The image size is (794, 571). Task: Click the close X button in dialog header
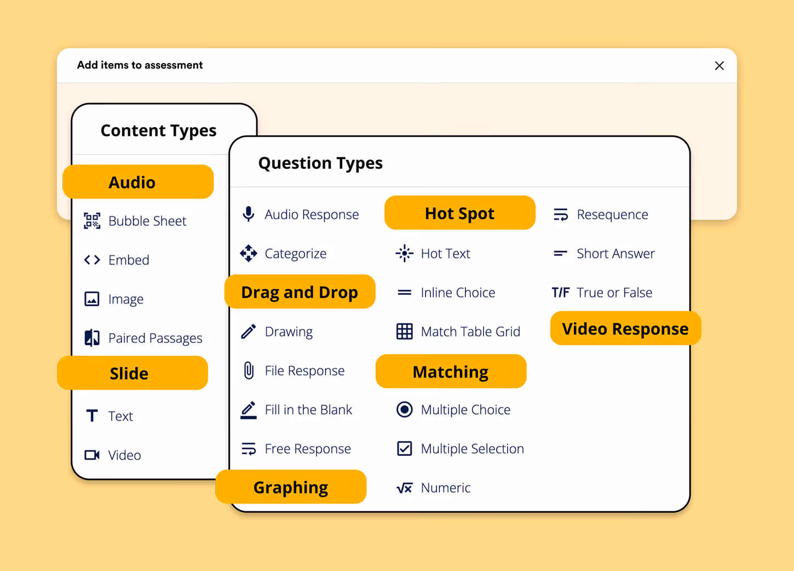point(719,66)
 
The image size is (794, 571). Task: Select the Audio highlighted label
point(138,181)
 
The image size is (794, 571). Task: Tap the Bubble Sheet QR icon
point(92,221)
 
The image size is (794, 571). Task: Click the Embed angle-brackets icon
point(92,260)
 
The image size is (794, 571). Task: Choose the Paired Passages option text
point(156,338)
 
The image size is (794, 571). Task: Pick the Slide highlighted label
point(133,373)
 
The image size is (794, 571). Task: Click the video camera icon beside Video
point(92,455)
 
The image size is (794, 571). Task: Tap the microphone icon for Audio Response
point(249,214)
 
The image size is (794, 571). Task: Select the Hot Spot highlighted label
point(460,213)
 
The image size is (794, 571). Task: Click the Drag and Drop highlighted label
point(300,292)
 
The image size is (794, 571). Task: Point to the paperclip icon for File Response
point(249,370)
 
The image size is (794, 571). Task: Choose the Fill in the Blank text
point(308,410)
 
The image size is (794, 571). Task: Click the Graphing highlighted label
point(291,487)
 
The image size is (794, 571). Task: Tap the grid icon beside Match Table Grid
point(405,332)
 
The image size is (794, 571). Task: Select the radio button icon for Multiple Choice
point(405,410)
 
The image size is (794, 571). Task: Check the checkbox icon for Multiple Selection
point(405,449)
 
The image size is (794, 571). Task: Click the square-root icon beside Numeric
point(405,488)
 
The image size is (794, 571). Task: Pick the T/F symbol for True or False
point(560,293)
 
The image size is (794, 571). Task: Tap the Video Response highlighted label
point(626,328)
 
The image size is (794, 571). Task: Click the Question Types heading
point(320,163)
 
